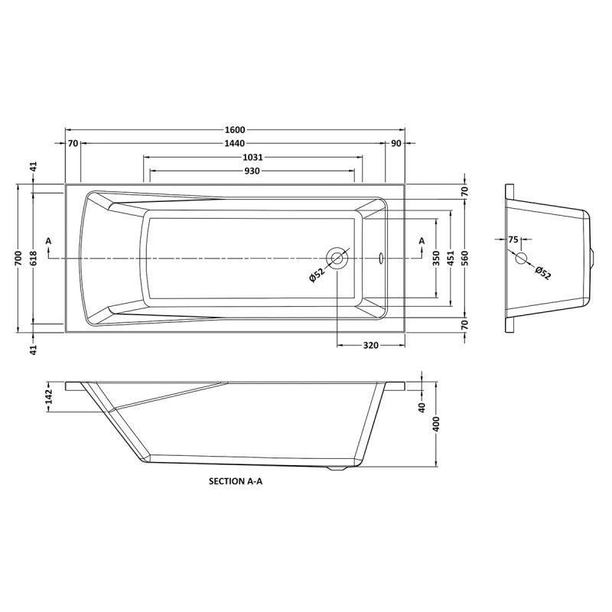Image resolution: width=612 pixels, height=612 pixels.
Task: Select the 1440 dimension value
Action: (235, 144)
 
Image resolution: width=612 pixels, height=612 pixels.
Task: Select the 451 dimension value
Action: (451, 258)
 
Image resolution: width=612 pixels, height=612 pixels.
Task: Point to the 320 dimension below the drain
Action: (370, 346)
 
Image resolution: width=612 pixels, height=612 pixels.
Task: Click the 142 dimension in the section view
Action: (48, 397)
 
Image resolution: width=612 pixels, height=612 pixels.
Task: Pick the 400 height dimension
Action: (436, 425)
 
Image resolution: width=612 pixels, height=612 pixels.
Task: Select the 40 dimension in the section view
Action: (422, 406)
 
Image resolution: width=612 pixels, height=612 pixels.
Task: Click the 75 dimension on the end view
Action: (513, 240)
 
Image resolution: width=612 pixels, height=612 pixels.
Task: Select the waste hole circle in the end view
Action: (522, 258)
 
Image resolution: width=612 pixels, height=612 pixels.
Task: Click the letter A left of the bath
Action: (49, 242)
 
